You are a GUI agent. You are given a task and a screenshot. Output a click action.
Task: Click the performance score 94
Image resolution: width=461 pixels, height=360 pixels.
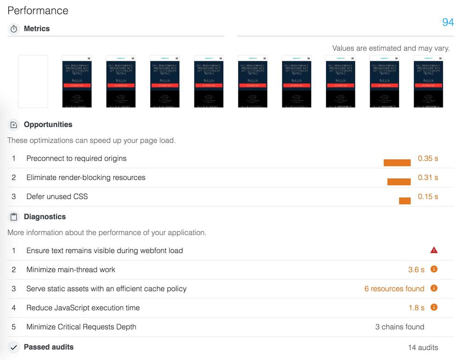pyautogui.click(x=448, y=22)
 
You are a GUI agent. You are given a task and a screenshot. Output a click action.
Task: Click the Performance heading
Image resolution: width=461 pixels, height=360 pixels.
pyautogui.click(x=38, y=11)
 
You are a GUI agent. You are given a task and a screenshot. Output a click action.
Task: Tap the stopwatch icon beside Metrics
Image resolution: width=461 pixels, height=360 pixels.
pyautogui.click(x=14, y=29)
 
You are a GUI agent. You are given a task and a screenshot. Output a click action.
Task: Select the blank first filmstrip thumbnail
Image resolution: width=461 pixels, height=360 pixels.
pyautogui.click(x=33, y=81)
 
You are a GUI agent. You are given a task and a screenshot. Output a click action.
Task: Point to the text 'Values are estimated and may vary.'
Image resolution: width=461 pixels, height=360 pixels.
pyautogui.click(x=391, y=48)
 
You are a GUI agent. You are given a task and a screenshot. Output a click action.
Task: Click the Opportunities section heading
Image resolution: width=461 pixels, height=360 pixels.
pyautogui.click(x=48, y=124)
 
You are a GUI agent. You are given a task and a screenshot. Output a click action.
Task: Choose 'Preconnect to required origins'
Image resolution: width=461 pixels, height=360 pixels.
pyautogui.click(x=76, y=159)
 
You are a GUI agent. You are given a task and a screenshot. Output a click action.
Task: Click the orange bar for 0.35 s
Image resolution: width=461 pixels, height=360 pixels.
pyautogui.click(x=397, y=162)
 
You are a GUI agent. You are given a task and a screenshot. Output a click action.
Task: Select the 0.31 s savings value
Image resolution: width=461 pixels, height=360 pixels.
pyautogui.click(x=428, y=177)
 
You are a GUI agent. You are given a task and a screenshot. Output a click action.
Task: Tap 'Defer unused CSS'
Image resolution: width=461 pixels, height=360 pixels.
pyautogui.click(x=57, y=197)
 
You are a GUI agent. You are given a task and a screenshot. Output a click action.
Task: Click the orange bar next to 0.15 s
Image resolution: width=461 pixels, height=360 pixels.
pyautogui.click(x=405, y=200)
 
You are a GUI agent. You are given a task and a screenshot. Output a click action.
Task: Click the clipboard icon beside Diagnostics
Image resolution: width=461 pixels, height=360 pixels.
pyautogui.click(x=14, y=217)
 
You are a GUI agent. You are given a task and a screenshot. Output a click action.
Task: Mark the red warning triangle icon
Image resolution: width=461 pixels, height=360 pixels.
pyautogui.click(x=434, y=250)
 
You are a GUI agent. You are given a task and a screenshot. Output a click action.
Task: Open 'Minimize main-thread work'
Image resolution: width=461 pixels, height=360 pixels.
pyautogui.click(x=71, y=270)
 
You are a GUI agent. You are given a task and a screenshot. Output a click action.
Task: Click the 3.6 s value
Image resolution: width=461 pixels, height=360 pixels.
pyautogui.click(x=416, y=270)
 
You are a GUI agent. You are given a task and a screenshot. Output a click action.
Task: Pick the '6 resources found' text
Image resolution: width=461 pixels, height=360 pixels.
pyautogui.click(x=394, y=289)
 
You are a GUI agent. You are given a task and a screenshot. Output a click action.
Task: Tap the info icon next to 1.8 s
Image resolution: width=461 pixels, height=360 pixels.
pyautogui.click(x=434, y=307)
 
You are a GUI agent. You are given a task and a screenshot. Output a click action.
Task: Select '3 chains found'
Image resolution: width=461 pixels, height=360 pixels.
pyautogui.click(x=400, y=327)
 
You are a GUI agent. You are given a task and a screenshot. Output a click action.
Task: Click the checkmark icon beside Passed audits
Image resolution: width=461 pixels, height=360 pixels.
pyautogui.click(x=14, y=347)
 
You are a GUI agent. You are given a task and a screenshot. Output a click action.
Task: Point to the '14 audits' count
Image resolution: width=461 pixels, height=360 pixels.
pyautogui.click(x=423, y=348)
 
